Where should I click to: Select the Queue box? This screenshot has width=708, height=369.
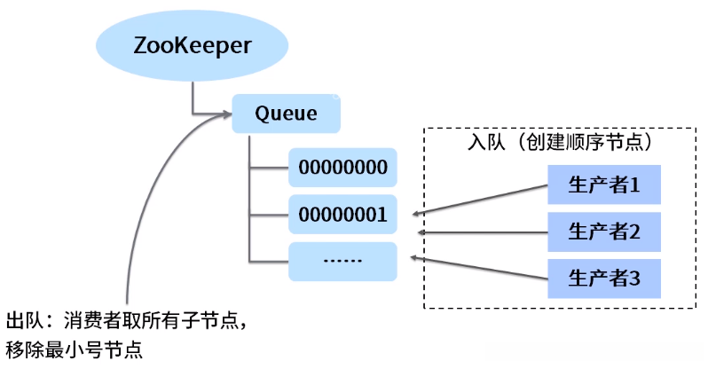click(286, 114)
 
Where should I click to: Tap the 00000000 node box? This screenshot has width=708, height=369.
click(342, 167)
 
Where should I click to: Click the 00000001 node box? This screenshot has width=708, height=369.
click(342, 214)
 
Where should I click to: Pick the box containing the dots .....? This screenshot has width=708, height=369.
click(342, 261)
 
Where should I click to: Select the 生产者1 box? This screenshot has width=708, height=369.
click(603, 184)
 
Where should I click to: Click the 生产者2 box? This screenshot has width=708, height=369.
click(603, 232)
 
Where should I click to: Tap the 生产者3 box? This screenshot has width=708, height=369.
click(603, 279)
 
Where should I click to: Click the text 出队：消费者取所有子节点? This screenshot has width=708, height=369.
click(125, 320)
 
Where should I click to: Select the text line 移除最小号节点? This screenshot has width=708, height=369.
click(75, 349)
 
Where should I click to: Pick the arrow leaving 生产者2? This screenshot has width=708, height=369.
click(484, 232)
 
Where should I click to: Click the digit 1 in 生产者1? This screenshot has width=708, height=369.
click(635, 184)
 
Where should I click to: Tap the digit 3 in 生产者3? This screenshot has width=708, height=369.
click(635, 279)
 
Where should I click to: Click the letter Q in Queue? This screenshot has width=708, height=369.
click(262, 114)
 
